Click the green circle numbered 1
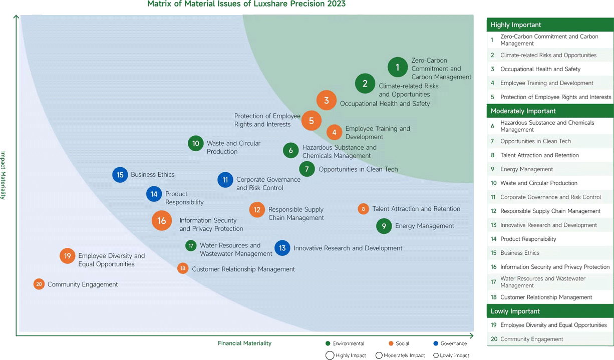click(398, 67)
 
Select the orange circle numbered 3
click(326, 100)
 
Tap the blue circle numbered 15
click(120, 175)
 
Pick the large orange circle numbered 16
click(162, 220)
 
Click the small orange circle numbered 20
click(39, 284)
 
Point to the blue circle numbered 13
click(282, 248)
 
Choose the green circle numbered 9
click(384, 226)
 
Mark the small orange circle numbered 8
click(364, 209)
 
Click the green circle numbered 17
click(191, 245)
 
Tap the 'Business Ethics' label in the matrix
click(153, 175)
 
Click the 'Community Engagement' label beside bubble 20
click(83, 284)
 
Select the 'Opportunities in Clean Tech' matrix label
click(358, 169)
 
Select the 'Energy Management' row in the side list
click(527, 169)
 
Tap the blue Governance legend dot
click(436, 343)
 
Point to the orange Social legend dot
click(391, 343)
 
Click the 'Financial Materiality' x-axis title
click(244, 343)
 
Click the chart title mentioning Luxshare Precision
click(246, 4)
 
